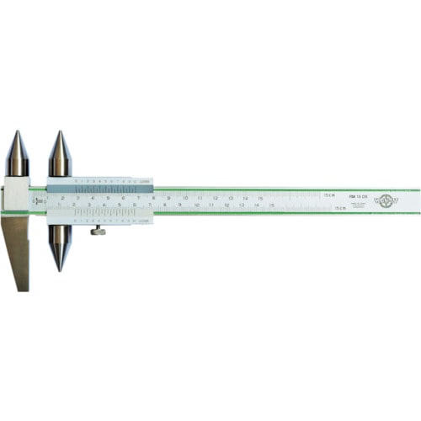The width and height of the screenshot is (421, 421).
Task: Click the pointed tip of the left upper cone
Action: [x=19, y=132]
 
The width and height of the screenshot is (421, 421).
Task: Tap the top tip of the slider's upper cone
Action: [x=59, y=132]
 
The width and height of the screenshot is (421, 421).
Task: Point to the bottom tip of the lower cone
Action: [x=59, y=270]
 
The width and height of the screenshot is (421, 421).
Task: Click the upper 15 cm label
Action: [x=329, y=195]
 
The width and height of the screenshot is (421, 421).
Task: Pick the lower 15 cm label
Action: [x=339, y=206]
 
